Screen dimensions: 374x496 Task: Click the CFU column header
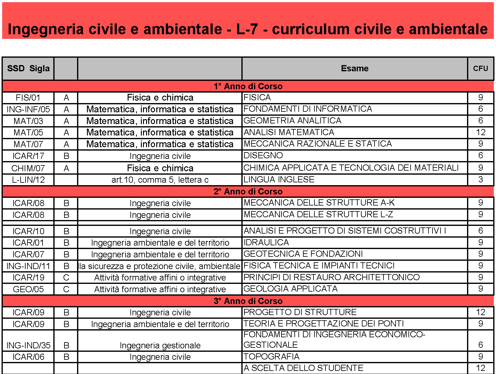coord(480,69)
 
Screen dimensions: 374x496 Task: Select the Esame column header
coord(355,69)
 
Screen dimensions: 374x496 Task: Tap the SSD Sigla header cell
coord(28,69)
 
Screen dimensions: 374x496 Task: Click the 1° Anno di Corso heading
coord(248,86)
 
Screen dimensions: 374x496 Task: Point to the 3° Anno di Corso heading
coord(248,301)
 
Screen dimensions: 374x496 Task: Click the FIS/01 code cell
coord(28,98)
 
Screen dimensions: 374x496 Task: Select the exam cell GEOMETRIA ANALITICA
coord(292,121)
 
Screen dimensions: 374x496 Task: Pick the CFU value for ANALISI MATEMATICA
coord(480,132)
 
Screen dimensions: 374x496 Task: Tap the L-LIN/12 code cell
coord(28,180)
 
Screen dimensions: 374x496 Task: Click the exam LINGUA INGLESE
coord(279,180)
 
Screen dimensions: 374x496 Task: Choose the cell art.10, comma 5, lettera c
coord(160,180)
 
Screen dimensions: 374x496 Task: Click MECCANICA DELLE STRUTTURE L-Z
coord(318,214)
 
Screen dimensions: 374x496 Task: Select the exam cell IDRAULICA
coord(266,243)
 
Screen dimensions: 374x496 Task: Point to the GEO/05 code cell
coord(28,289)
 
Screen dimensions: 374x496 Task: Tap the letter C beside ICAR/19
coord(66,277)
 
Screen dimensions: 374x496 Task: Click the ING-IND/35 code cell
coord(28,345)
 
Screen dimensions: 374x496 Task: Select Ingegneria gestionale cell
coord(160,345)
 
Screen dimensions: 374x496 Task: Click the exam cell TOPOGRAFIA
coord(271,357)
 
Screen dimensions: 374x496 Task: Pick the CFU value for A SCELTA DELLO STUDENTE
coord(480,368)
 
